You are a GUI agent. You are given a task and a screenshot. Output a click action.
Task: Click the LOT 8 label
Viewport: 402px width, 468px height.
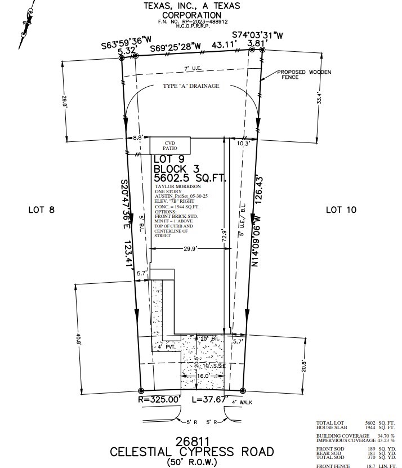click(x=41, y=210)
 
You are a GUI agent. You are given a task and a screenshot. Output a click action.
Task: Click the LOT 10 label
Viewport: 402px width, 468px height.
click(x=342, y=210)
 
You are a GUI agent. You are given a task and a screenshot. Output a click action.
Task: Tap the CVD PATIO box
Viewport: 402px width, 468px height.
click(x=169, y=146)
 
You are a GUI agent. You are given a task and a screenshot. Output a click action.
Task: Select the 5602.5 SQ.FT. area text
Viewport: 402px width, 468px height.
click(x=190, y=179)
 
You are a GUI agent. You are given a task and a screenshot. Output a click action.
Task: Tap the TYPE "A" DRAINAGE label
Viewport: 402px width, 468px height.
click(x=191, y=86)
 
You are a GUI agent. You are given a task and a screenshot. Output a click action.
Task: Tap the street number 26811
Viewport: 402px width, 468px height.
click(x=192, y=440)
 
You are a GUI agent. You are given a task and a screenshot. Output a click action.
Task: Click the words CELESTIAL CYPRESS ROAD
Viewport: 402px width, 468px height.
click(x=192, y=452)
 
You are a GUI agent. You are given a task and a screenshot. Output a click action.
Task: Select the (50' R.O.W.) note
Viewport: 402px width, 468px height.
click(x=192, y=462)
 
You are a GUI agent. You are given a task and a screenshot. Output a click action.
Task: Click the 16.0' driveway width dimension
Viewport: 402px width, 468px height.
click(x=203, y=375)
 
